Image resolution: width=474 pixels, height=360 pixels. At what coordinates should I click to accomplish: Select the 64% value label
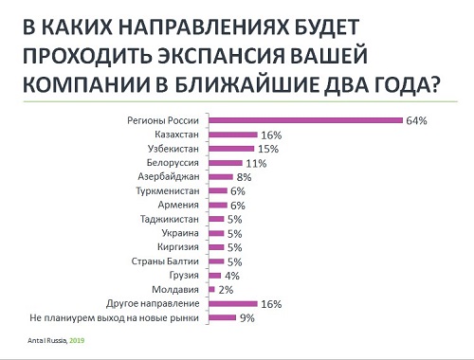[x=417, y=121]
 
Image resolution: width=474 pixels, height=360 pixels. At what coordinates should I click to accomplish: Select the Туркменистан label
[x=168, y=191]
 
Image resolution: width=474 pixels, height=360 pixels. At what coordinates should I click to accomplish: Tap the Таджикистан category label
[x=170, y=219]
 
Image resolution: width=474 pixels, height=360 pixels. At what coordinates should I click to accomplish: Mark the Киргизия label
[x=176, y=246]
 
